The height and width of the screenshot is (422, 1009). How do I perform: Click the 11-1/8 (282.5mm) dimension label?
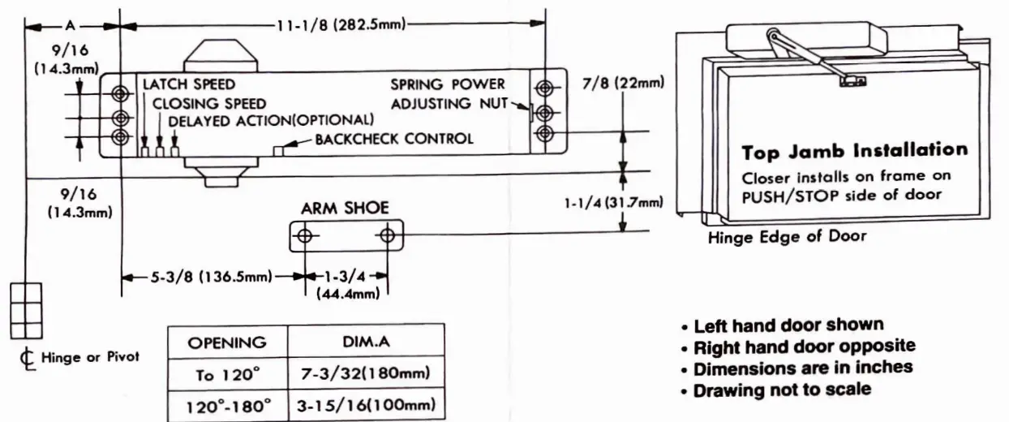[x=341, y=24]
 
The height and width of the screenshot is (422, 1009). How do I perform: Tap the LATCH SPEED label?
[x=189, y=84]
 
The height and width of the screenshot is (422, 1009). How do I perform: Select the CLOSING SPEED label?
[x=209, y=103]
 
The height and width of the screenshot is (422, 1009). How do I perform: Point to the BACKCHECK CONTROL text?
[x=394, y=139]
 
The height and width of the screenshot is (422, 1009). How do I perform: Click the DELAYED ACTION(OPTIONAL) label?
[x=271, y=120]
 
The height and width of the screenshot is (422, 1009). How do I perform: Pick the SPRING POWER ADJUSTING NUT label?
[x=448, y=93]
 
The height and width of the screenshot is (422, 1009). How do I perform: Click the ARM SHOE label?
[x=345, y=208]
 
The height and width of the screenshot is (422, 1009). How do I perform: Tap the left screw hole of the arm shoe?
[x=306, y=236]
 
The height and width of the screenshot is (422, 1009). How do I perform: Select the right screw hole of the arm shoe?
[x=388, y=236]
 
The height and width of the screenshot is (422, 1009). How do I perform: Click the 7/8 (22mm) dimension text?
[x=623, y=83]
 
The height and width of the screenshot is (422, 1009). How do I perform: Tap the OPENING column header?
[x=227, y=342]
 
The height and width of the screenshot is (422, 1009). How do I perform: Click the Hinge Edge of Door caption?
[x=787, y=237]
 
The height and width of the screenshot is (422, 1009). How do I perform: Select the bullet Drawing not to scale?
[x=783, y=390]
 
